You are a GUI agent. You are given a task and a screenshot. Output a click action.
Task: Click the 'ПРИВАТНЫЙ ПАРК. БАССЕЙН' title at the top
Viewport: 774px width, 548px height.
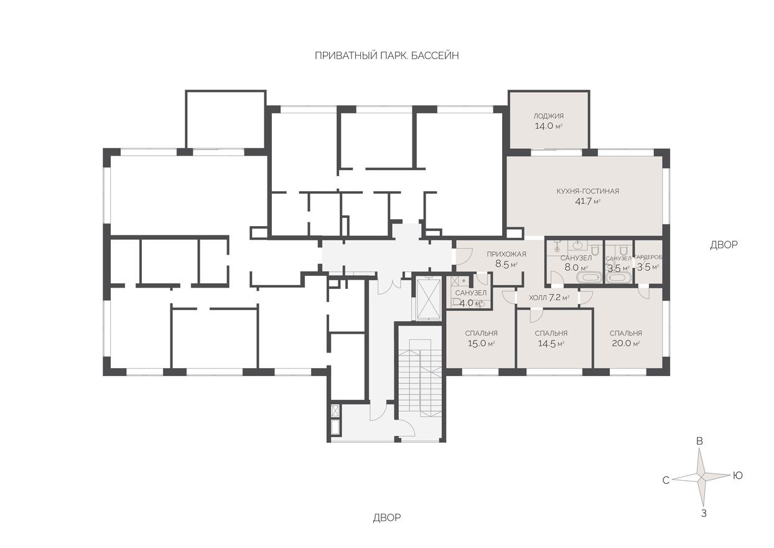pyautogui.click(x=386, y=55)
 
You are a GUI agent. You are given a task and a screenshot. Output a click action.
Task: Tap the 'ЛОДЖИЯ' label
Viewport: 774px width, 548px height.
pyautogui.click(x=549, y=116)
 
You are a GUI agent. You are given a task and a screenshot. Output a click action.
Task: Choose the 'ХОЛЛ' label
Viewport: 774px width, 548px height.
pyautogui.click(x=538, y=298)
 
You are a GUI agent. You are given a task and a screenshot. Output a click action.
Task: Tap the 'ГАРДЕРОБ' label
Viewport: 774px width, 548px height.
pyautogui.click(x=648, y=258)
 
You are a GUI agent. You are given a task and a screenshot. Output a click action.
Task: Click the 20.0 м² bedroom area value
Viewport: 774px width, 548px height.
pyautogui.click(x=625, y=343)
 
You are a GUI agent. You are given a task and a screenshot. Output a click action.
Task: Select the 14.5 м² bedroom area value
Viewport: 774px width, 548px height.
pyautogui.click(x=551, y=343)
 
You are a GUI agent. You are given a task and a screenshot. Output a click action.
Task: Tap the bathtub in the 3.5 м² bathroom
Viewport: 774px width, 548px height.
pyautogui.click(x=618, y=278)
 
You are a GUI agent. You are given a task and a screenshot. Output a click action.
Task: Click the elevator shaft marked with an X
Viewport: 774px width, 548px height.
pyautogui.click(x=428, y=298)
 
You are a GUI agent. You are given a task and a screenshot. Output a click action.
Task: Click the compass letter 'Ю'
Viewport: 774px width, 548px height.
pyautogui.click(x=738, y=476)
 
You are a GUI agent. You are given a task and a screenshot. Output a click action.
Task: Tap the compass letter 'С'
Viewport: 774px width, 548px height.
pyautogui.click(x=665, y=480)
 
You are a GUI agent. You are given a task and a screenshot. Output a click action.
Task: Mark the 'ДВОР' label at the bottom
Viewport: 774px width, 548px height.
pyautogui.click(x=386, y=517)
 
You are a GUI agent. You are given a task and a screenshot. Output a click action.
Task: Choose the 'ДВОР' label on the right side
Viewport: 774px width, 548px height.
pyautogui.click(x=724, y=245)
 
